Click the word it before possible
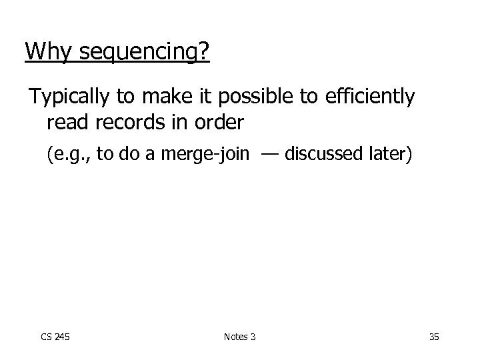coord(212,98)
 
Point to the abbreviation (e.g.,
coord(69,155)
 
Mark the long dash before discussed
coord(269,155)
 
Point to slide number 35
coord(434,337)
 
